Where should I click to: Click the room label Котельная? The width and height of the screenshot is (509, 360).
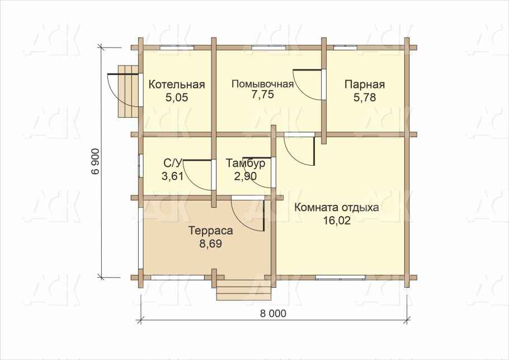coord(177,85)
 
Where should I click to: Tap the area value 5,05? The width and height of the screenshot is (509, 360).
coord(177,97)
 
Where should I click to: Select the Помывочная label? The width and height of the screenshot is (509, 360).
coord(262,84)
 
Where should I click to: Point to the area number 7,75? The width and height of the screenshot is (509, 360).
coord(263,94)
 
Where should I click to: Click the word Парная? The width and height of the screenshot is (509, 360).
coord(365,85)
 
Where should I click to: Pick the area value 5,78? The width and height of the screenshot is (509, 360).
coord(365,97)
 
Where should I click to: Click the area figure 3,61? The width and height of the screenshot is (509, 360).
coord(172,176)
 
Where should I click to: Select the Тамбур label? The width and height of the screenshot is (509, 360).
coord(246,163)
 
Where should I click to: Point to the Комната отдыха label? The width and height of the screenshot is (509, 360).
coord(336,207)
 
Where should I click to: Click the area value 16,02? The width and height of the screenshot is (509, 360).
coord(337,221)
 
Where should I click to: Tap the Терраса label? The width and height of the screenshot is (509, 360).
coord(211,231)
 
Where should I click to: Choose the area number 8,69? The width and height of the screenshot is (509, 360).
coord(211,244)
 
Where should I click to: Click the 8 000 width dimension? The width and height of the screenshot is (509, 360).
coord(273,314)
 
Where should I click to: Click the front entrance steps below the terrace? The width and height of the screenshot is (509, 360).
coord(244,290)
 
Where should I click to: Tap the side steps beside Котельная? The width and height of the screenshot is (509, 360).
coord(129,91)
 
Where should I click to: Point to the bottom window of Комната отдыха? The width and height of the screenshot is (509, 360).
coord(341,278)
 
